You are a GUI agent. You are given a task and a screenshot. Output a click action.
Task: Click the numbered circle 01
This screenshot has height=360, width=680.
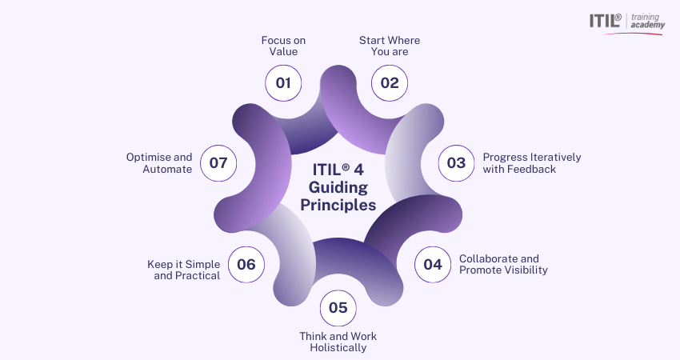pyautogui.click(x=283, y=83)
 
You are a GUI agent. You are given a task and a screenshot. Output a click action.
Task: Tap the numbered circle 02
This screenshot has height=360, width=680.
pyautogui.click(x=390, y=83)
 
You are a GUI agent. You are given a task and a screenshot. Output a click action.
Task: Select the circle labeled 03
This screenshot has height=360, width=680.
pyautogui.click(x=456, y=163)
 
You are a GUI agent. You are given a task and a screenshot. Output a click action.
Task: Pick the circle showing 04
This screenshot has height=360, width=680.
pyautogui.click(x=432, y=265)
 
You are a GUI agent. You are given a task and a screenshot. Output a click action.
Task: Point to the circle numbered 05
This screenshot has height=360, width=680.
pyautogui.click(x=338, y=308)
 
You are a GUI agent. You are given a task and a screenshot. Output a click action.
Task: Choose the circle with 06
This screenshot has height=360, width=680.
pyautogui.click(x=246, y=265)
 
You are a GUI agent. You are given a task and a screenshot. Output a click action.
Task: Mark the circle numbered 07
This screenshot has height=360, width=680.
pyautogui.click(x=218, y=163)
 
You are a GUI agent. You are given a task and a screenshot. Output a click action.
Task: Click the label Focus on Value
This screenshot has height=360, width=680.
pyautogui.click(x=283, y=46)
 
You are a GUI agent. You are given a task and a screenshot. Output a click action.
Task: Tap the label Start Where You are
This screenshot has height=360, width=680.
pyautogui.click(x=390, y=46)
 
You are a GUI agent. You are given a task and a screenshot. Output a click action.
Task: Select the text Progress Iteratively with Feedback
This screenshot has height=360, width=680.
pyautogui.click(x=532, y=163)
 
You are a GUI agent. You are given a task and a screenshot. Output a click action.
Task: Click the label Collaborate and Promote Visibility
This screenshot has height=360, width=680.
pyautogui.click(x=503, y=264)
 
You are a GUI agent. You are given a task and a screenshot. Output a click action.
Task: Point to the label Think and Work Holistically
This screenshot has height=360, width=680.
pyautogui.click(x=338, y=342)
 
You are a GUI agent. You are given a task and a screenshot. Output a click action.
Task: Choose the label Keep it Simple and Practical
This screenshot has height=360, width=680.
pyautogui.click(x=183, y=270)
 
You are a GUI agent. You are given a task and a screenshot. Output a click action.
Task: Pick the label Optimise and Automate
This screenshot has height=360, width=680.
pyautogui.click(x=159, y=163)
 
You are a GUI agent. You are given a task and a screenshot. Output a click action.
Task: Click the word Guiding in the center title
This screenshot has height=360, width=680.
pyautogui.click(x=338, y=188)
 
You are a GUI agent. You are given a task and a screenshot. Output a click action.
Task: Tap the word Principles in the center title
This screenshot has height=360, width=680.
pyautogui.click(x=338, y=205)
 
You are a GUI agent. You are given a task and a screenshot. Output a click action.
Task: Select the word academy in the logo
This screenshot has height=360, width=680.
pyautogui.click(x=647, y=25)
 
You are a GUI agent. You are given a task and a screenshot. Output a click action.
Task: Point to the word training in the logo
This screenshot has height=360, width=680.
pyautogui.click(x=646, y=18)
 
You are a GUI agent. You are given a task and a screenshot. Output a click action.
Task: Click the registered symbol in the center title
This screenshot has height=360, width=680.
pyautogui.click(x=346, y=167)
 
